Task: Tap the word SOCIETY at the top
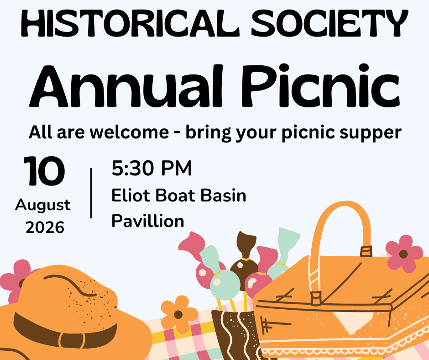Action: (330, 23)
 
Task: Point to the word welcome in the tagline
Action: (130, 132)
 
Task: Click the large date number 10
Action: (44, 171)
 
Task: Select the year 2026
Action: (45, 228)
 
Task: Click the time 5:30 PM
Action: (152, 168)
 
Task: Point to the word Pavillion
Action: (148, 221)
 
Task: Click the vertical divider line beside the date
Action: (91, 193)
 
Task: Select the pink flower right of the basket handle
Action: (404, 254)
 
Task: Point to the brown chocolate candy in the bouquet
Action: (244, 260)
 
